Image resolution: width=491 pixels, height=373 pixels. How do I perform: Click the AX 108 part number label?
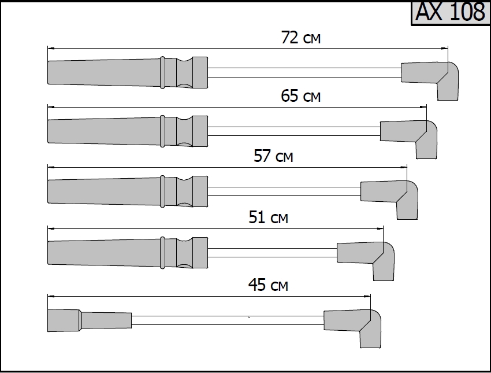451,12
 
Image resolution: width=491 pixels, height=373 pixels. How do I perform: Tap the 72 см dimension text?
300,37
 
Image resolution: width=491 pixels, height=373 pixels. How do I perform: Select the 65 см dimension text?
300,95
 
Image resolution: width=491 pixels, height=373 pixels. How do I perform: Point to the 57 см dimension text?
273,156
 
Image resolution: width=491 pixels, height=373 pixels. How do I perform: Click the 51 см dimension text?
269,217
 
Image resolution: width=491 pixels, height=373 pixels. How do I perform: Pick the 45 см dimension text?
268,285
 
